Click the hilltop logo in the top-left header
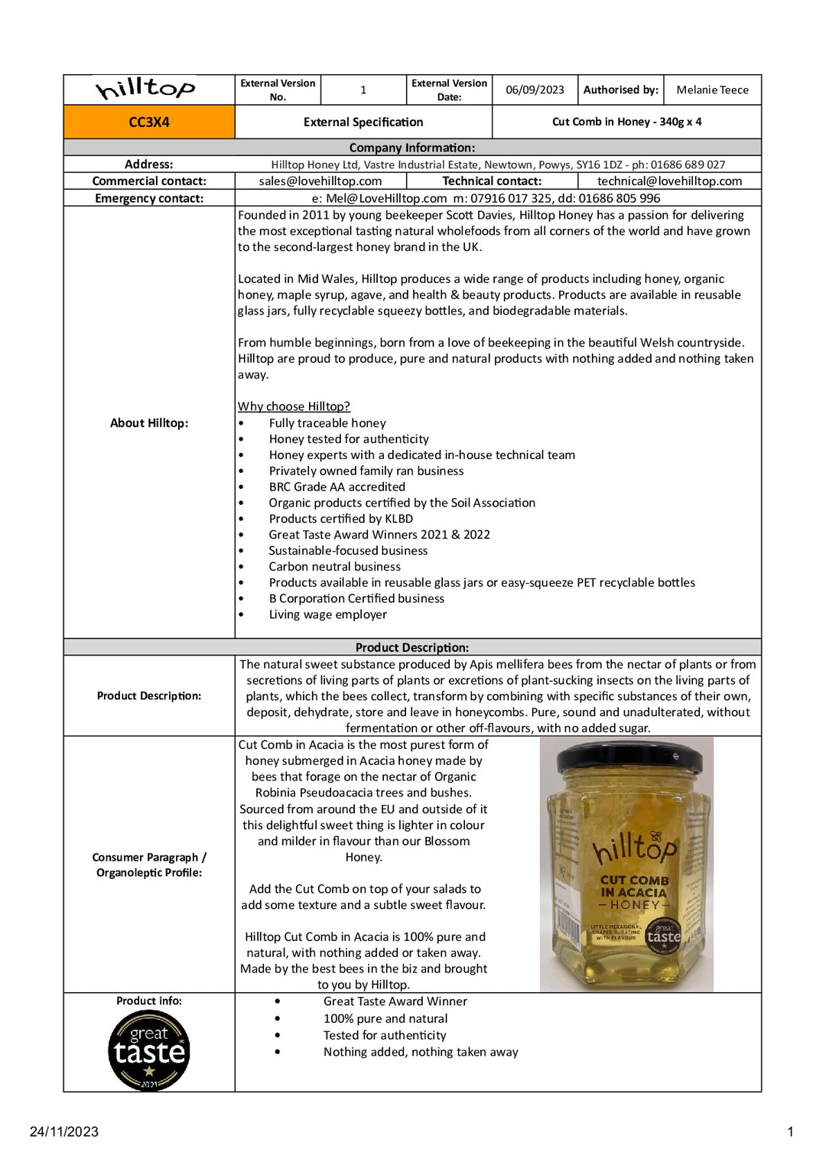pos(145,89)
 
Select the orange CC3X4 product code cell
pos(149,122)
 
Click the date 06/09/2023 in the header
pos(535,90)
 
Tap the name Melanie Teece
pos(712,90)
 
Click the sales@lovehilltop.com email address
pos(320,181)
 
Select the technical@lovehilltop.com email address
pos(669,181)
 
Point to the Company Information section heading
pos(411,148)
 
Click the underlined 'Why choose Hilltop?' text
pos(294,406)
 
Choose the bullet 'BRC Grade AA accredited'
pos(337,487)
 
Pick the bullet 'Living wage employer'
pos(327,614)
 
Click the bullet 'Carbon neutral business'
pos(334,566)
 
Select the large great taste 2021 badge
pos(149,1050)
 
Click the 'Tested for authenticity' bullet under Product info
pos(384,1035)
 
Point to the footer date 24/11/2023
pos(64,1132)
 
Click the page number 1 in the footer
pos(790,1132)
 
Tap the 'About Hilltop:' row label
pos(149,423)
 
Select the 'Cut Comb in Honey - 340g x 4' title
pos(626,122)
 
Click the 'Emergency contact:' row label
pos(149,198)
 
